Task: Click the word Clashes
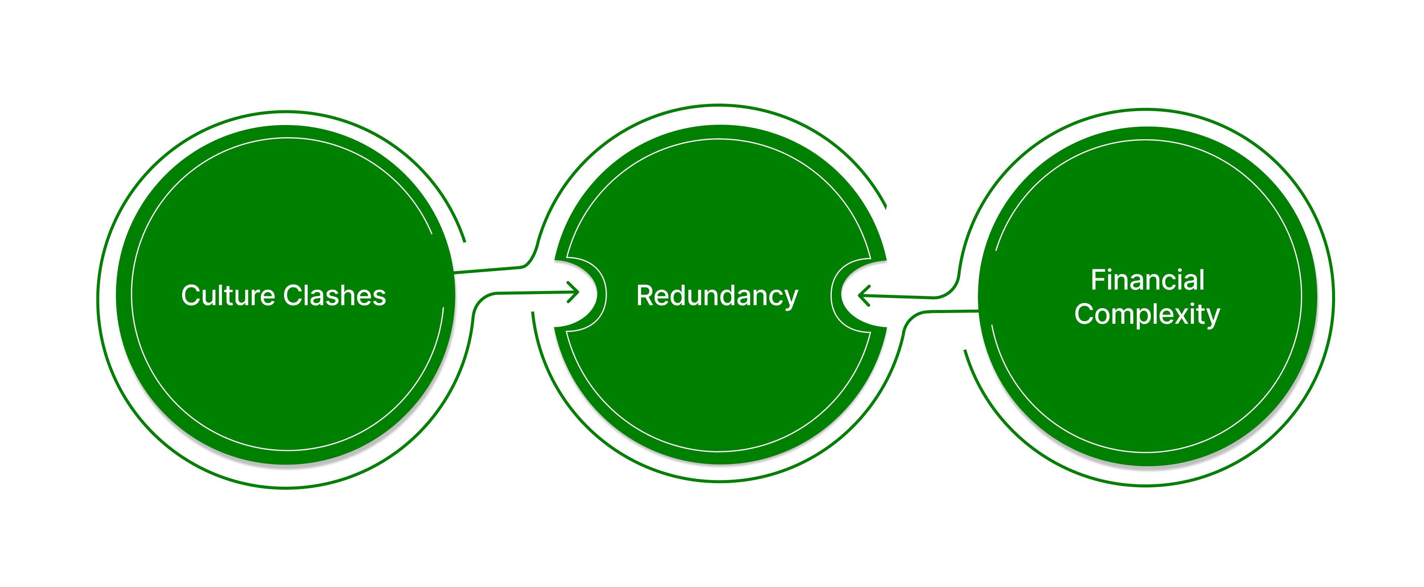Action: (334, 296)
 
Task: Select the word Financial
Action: (1147, 280)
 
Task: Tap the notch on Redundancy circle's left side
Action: (580, 293)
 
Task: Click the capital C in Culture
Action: (191, 296)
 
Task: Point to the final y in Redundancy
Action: (791, 299)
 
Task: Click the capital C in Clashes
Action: (293, 296)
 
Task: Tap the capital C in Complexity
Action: (1084, 314)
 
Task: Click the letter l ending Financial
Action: (1202, 280)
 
